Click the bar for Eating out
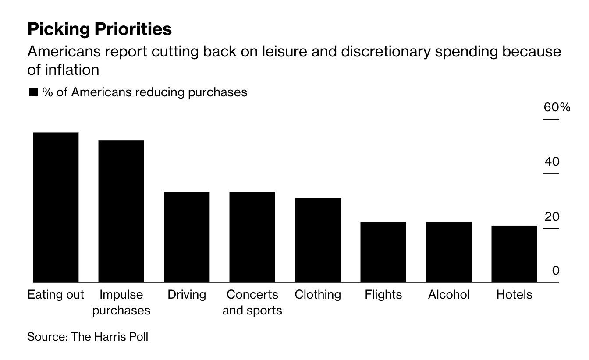[56, 207]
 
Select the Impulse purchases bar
[121, 211]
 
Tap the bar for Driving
[187, 237]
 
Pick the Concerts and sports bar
[252, 237]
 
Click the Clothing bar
[318, 240]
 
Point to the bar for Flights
[383, 252]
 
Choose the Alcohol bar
[449, 252]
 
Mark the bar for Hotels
[514, 254]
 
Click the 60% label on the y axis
[557, 107]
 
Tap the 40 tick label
[552, 162]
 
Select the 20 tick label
[552, 217]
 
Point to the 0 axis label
[555, 271]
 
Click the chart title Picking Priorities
[99, 29]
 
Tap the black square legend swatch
[33, 92]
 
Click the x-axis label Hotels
[514, 295]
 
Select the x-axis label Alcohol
[449, 295]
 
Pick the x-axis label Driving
[187, 295]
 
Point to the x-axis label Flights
[383, 295]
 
